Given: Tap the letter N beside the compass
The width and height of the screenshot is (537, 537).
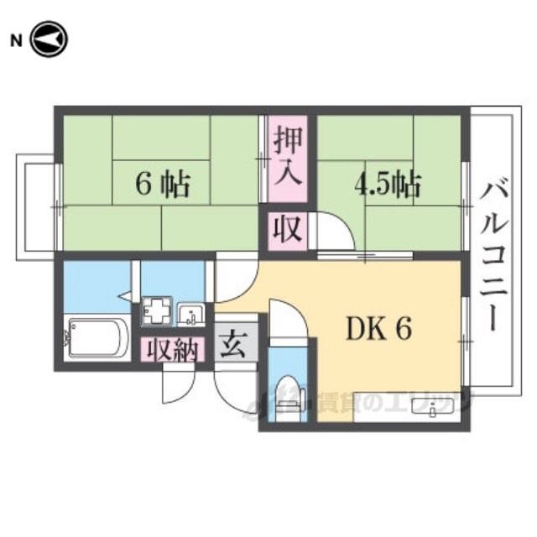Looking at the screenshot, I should pyautogui.click(x=15, y=39).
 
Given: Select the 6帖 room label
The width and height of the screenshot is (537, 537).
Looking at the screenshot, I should pyautogui.click(x=163, y=184).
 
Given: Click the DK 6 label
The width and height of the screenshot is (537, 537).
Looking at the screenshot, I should pyautogui.click(x=378, y=331).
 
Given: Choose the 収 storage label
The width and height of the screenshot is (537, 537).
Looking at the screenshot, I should pyautogui.click(x=288, y=229).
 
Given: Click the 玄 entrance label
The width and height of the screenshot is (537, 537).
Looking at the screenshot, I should pyautogui.click(x=231, y=345).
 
